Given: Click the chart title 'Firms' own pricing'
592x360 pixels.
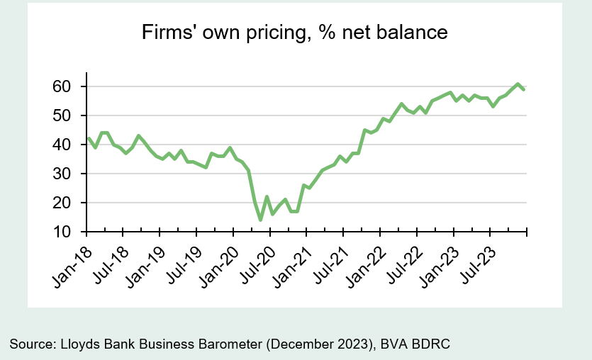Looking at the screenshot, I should point(295,33).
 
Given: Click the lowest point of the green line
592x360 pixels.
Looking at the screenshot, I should point(260,220).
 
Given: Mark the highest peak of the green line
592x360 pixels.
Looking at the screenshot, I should point(518,84).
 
